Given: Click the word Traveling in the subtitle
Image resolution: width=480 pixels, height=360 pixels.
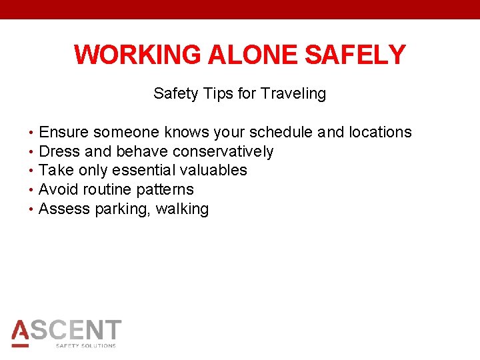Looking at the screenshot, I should (293, 94).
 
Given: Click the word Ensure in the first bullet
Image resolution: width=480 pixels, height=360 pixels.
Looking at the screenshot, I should (64, 133).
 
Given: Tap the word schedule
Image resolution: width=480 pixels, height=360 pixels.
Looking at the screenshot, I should (281, 133).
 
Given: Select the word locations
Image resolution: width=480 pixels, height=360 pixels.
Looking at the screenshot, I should (380, 133).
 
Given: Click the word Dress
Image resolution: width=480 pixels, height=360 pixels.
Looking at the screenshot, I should (59, 152).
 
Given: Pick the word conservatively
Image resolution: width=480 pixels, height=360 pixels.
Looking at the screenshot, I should (223, 152).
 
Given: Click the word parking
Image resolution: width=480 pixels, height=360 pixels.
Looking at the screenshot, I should (123, 209).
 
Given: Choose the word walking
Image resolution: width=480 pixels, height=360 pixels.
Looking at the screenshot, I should (182, 209).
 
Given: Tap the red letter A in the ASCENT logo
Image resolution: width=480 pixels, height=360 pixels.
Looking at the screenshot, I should (21, 331).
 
